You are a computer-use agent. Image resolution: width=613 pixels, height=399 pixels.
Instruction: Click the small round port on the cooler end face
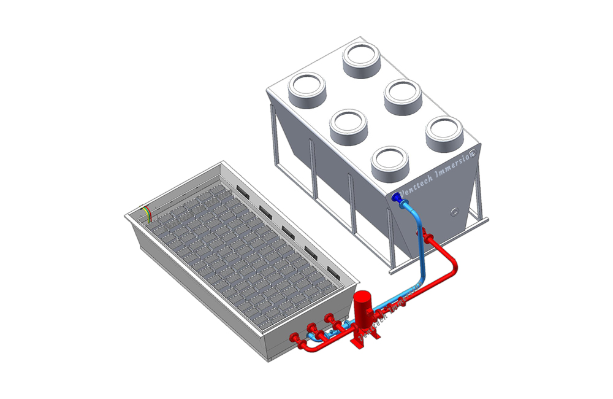[x=454, y=212]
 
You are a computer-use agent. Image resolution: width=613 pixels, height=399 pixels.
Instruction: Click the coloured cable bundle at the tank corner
[x=148, y=212]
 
